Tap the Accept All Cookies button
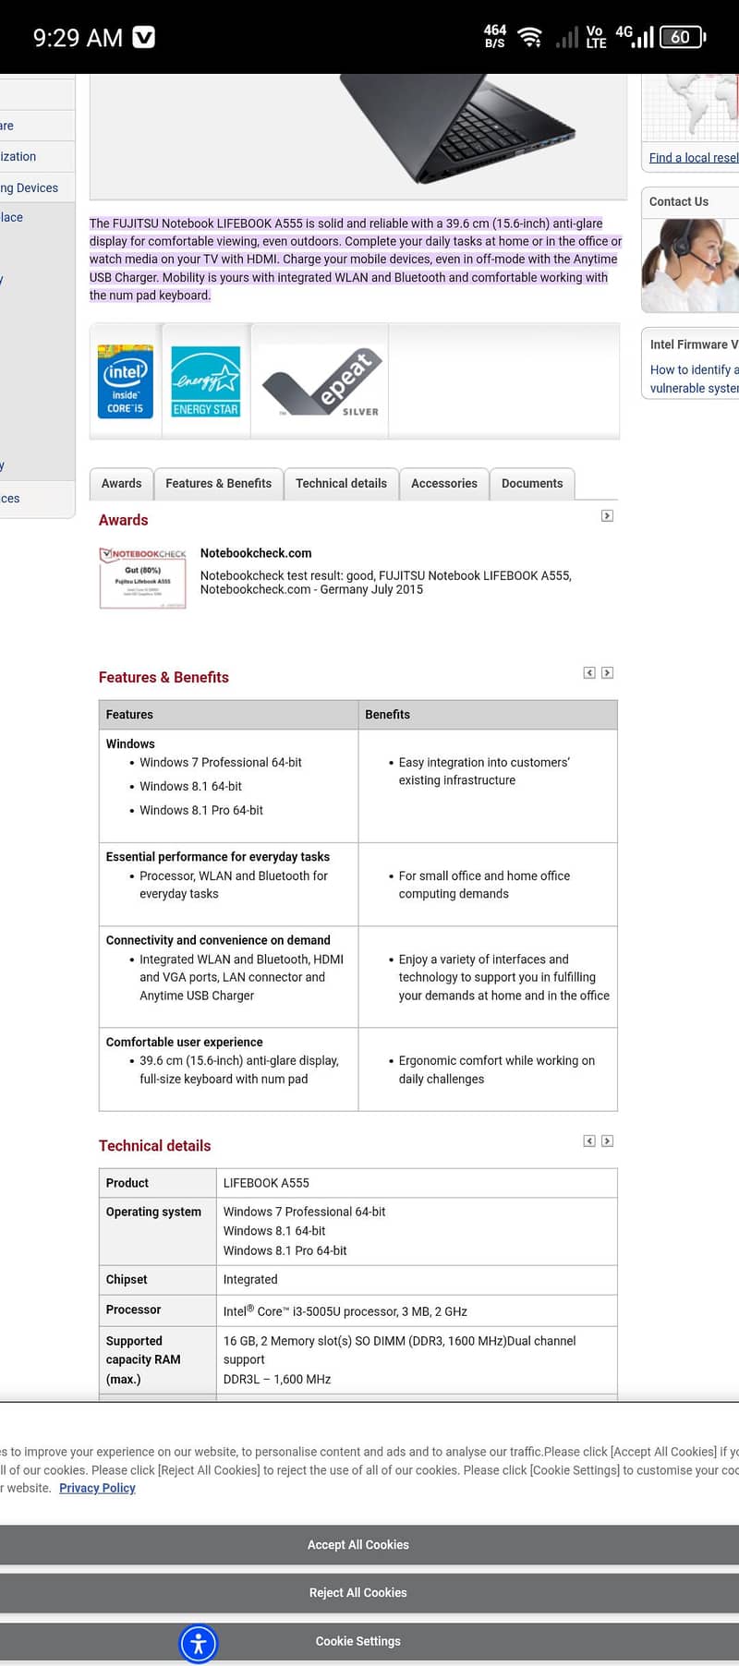(358, 1544)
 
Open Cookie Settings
(358, 1641)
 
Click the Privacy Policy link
(97, 1488)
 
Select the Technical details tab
(341, 483)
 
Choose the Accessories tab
(444, 483)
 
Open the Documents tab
(532, 483)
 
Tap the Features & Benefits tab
(218, 483)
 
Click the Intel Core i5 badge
(126, 380)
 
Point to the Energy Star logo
(206, 380)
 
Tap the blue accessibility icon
(199, 1643)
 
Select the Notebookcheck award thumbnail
(142, 578)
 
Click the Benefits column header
(388, 715)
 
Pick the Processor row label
(134, 1310)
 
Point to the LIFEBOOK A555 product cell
(267, 1183)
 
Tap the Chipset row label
(127, 1279)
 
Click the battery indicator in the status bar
(683, 37)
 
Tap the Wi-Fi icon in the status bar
(529, 37)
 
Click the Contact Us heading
(679, 201)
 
